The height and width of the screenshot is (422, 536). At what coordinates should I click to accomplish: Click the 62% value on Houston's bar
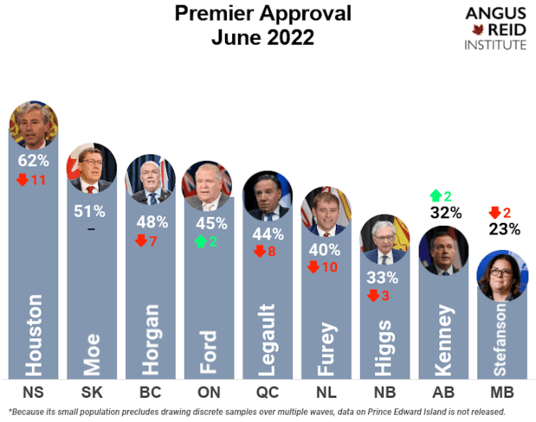pyautogui.click(x=33, y=160)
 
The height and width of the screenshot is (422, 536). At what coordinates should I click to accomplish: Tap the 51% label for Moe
pyautogui.click(x=91, y=210)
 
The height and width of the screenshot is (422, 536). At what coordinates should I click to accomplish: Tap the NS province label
pyautogui.click(x=33, y=391)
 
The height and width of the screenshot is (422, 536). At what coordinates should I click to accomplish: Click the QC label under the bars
pyautogui.click(x=267, y=391)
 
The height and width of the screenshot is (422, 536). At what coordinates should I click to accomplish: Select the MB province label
pyautogui.click(x=502, y=391)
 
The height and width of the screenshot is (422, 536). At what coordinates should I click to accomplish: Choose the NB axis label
pyautogui.click(x=384, y=391)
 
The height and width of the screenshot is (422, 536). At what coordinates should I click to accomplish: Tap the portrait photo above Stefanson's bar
pyautogui.click(x=502, y=276)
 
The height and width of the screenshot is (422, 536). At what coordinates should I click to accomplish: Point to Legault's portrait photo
pyautogui.click(x=267, y=195)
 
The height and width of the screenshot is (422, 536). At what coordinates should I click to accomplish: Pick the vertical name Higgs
pyautogui.click(x=384, y=350)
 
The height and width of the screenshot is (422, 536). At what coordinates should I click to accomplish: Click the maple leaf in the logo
pyautogui.click(x=475, y=29)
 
